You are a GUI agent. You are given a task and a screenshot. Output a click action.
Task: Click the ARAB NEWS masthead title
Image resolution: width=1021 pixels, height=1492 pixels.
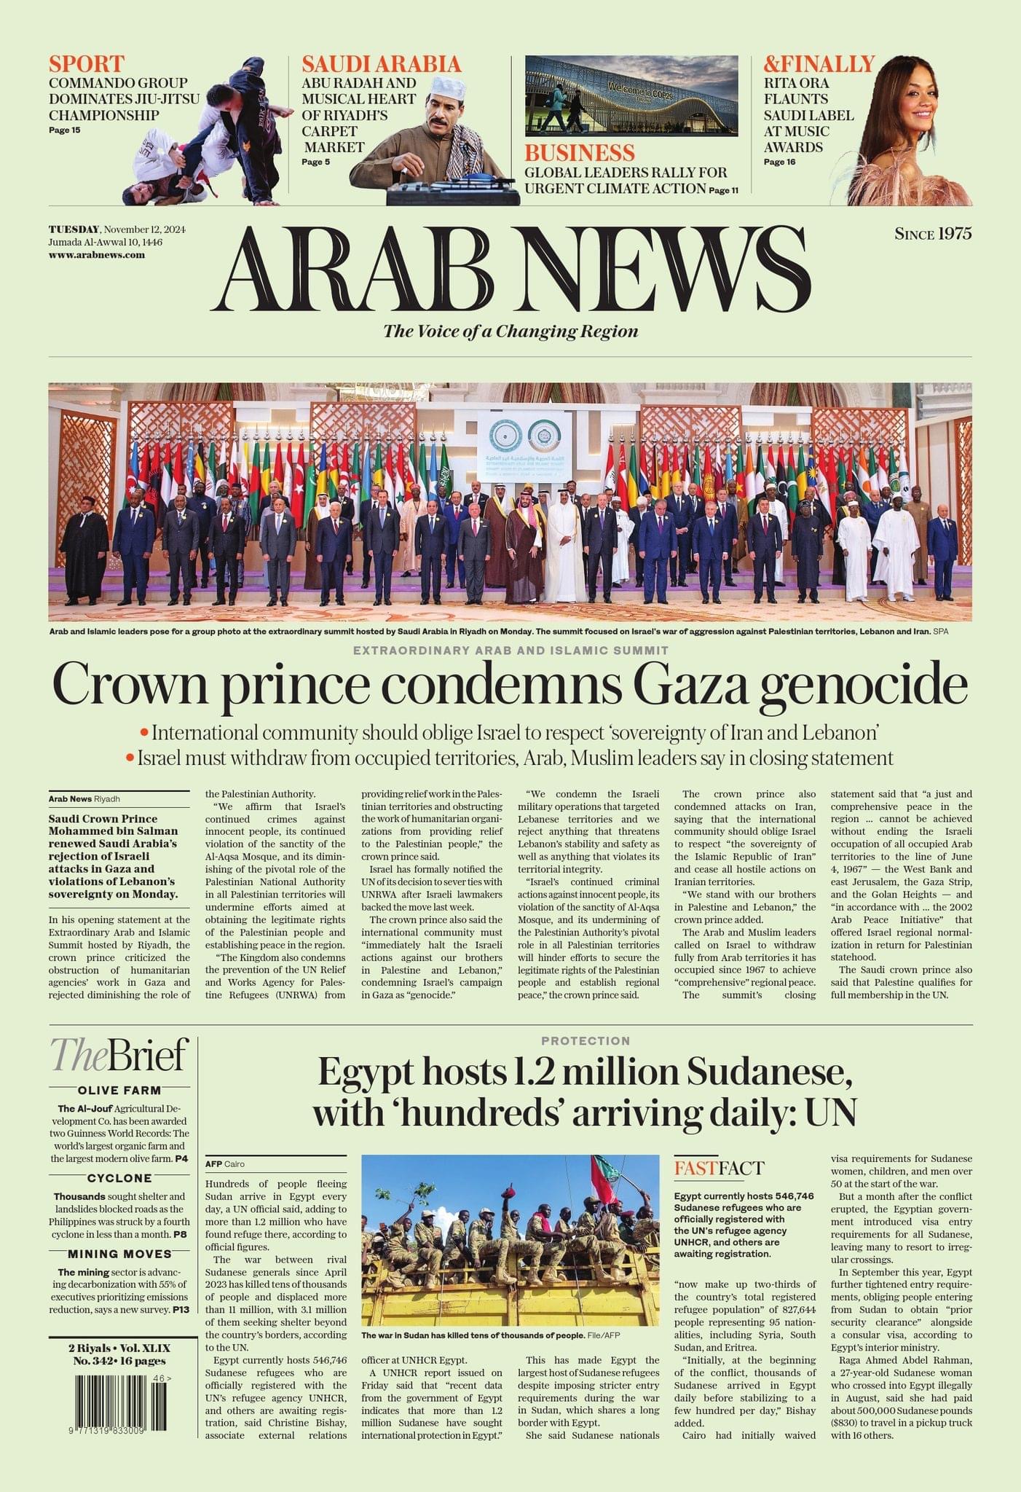click(510, 269)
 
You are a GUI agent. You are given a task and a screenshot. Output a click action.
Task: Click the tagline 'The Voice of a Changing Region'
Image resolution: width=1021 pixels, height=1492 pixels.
click(510, 331)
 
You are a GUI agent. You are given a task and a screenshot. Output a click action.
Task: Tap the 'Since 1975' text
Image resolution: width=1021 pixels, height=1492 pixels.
click(933, 234)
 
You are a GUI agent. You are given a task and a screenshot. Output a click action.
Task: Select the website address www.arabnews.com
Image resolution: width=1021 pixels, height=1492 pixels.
click(97, 255)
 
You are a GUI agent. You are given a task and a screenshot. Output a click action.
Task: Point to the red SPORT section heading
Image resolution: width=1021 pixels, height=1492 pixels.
click(87, 63)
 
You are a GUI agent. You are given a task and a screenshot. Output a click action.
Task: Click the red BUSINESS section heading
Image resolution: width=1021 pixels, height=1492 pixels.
click(580, 153)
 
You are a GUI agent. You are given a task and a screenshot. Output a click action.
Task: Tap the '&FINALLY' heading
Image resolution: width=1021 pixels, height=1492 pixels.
click(819, 63)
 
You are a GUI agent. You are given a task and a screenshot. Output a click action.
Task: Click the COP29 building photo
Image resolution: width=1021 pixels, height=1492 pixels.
click(631, 95)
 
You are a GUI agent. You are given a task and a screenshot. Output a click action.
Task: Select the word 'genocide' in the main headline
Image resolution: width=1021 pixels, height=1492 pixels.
click(864, 685)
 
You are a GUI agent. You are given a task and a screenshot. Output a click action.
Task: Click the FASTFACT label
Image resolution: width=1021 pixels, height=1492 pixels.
click(719, 1169)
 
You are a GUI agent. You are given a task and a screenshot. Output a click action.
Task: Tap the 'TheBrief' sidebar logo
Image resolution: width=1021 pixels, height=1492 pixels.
click(119, 1056)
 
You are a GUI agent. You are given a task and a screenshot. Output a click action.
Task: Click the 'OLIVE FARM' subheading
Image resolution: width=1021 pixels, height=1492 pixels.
click(119, 1091)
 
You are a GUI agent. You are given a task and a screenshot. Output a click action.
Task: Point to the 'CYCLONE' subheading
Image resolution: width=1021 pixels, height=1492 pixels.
click(119, 1178)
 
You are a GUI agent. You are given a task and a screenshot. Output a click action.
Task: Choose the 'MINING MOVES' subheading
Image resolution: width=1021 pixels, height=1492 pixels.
click(119, 1254)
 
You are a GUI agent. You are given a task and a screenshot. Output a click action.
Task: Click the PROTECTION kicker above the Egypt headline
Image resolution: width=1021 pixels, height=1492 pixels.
click(586, 1041)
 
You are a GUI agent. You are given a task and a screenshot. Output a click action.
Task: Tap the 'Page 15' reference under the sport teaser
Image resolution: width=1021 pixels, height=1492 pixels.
click(65, 130)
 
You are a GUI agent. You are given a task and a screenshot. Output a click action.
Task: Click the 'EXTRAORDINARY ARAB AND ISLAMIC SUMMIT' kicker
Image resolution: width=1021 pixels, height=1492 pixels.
click(510, 650)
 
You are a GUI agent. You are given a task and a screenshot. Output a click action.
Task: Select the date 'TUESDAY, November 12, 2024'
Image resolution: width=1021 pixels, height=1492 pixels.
click(117, 229)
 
